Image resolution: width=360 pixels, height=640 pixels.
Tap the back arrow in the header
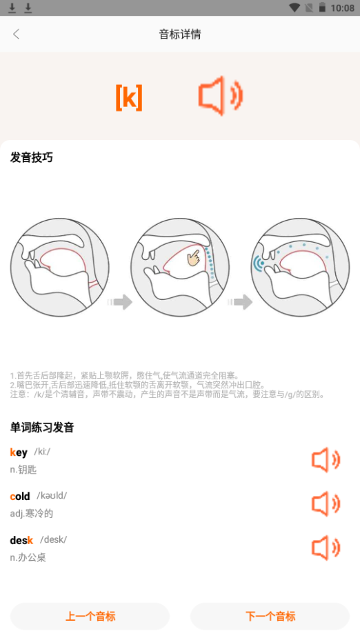point(17,34)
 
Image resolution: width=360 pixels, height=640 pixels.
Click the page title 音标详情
point(180,34)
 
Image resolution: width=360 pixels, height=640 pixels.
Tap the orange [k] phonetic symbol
point(129,98)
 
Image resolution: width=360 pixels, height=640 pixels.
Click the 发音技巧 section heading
point(32,157)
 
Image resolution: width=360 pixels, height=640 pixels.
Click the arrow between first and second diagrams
point(120,301)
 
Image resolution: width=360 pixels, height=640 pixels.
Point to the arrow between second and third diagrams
point(241,301)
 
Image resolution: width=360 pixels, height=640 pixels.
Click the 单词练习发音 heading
point(42,428)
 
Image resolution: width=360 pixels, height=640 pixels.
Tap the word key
point(19,452)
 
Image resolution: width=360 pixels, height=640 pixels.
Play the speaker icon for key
point(326,460)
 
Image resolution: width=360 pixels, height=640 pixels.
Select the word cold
point(20,496)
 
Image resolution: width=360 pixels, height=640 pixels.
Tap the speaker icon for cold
point(326,504)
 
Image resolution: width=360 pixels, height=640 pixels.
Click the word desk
point(21,540)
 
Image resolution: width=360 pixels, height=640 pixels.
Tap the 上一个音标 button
point(90,616)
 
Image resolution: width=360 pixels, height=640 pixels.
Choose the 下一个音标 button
point(270,616)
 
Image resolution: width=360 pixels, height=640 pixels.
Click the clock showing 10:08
point(342,8)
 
